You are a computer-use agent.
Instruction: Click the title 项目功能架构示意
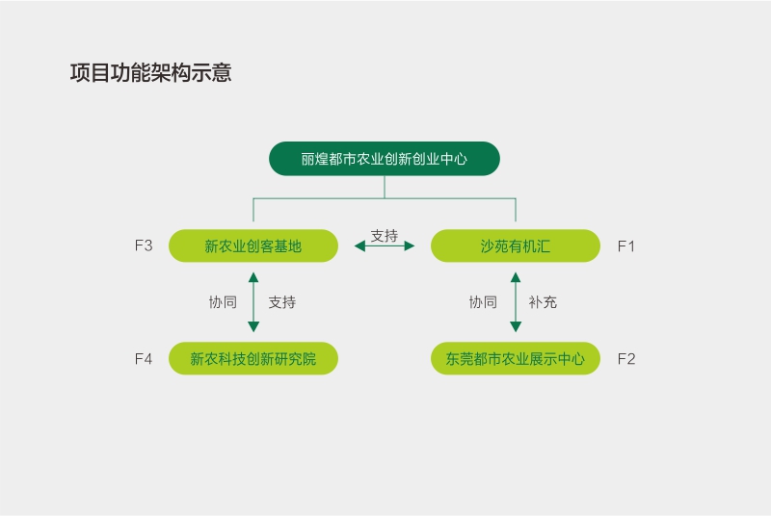click(151, 73)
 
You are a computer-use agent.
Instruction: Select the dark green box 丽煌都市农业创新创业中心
click(384, 159)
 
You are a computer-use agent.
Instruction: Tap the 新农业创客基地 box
click(253, 245)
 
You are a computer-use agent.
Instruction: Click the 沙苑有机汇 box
click(516, 245)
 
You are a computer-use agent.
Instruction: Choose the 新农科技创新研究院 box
click(253, 358)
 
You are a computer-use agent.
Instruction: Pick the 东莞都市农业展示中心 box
click(516, 358)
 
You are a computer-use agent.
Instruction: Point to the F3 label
click(144, 245)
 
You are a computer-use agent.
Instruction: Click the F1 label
click(626, 245)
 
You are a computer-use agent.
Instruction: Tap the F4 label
click(144, 358)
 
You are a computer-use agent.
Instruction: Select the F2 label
click(626, 358)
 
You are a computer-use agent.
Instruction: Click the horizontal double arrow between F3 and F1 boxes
click(385, 246)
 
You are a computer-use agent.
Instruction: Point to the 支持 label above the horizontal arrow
click(385, 234)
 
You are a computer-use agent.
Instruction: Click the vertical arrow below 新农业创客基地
click(253, 301)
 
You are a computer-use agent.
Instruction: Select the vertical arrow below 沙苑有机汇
click(516, 301)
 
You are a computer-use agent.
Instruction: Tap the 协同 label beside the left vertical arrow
click(223, 302)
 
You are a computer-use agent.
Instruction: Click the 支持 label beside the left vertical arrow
click(282, 302)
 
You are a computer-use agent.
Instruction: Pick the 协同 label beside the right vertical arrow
click(483, 302)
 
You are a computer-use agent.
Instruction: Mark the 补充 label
click(543, 302)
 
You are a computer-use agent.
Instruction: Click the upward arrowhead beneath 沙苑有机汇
click(516, 277)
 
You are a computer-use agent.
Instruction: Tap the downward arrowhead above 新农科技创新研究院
click(253, 326)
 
